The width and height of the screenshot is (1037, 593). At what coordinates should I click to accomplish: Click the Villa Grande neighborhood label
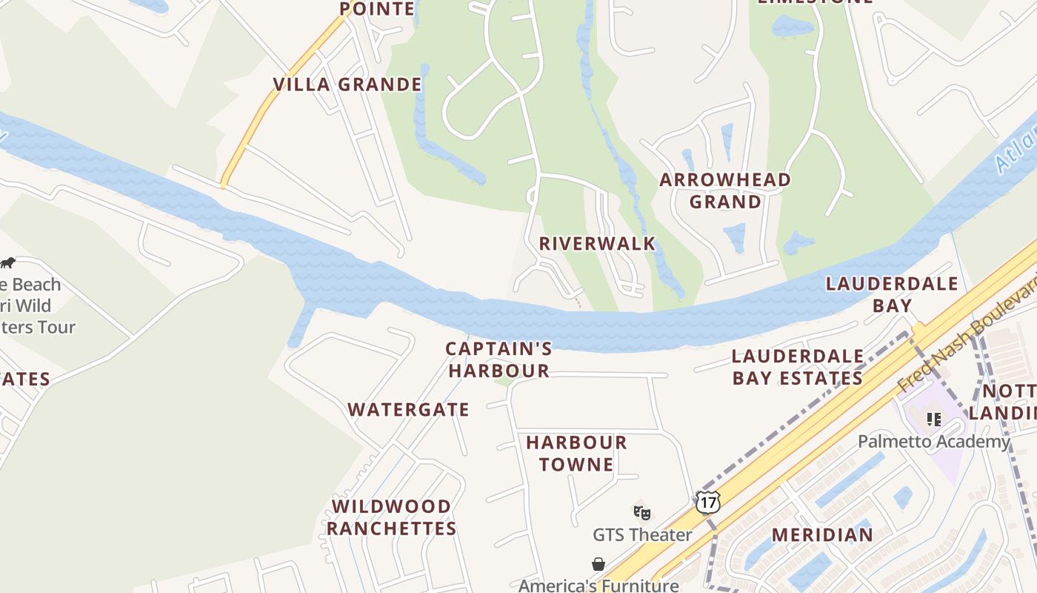(x=347, y=85)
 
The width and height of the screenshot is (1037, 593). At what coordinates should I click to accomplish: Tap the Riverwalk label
(x=597, y=243)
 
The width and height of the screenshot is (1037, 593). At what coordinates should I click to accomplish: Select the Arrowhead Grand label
(x=725, y=191)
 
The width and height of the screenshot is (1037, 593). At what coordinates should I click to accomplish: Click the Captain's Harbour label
(x=499, y=360)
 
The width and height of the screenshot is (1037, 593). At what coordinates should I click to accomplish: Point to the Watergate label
(x=408, y=409)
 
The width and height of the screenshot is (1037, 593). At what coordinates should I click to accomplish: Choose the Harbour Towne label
(x=576, y=454)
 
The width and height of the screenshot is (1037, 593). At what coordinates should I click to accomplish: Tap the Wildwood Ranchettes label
(x=391, y=517)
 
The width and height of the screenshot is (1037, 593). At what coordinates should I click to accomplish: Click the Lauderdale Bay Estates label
(x=798, y=367)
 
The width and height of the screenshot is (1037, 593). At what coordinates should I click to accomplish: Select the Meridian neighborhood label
(x=822, y=534)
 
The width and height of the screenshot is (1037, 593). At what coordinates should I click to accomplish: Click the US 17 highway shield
(x=708, y=503)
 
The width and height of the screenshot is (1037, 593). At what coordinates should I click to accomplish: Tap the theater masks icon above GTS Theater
(x=642, y=512)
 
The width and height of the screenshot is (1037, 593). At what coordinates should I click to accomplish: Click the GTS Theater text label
(x=642, y=534)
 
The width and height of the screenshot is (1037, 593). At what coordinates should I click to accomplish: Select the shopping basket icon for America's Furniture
(x=598, y=565)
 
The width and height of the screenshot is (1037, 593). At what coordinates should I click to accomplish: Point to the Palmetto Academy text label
(x=933, y=442)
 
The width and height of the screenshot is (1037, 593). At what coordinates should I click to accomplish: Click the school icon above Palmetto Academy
(x=934, y=420)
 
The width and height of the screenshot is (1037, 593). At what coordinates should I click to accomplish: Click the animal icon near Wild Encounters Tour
(x=7, y=263)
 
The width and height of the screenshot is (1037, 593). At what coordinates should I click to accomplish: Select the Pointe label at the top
(x=377, y=9)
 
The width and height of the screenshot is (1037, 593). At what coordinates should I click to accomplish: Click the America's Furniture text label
(x=598, y=585)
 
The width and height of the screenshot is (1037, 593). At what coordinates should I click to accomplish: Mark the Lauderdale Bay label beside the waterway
(x=892, y=294)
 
